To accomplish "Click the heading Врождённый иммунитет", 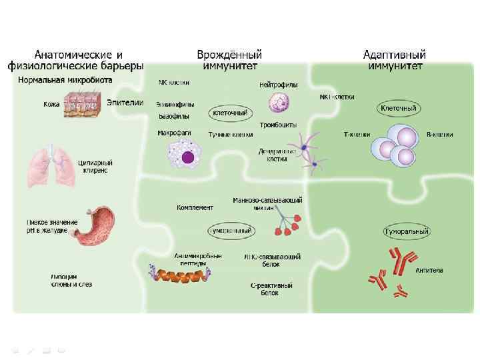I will [x=229, y=60].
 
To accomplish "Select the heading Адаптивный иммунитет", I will [x=394, y=60].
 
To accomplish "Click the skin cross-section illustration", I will [x=83, y=103].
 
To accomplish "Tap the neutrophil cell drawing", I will [x=279, y=102].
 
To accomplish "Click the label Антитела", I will [x=429, y=270].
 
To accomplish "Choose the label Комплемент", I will [x=195, y=207].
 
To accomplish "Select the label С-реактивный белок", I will [x=272, y=289].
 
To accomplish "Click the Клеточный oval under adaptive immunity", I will [x=398, y=108].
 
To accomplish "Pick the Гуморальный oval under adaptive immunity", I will [x=405, y=231].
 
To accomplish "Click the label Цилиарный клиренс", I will [x=95, y=166].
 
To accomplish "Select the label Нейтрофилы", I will [x=278, y=85].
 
